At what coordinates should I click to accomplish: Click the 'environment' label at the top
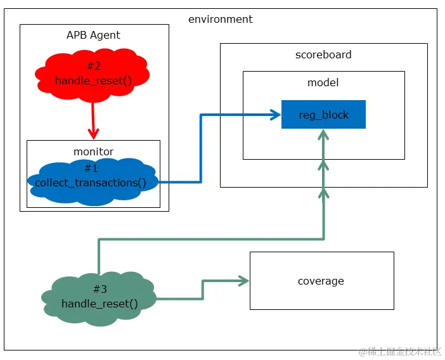coord(220,19)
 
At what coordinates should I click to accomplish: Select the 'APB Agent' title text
coord(93,35)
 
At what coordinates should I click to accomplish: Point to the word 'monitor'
coord(93,151)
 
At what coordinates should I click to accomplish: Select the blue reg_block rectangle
coord(323,115)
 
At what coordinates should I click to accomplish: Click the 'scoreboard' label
coord(323,55)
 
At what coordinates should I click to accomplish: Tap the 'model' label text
coord(323,82)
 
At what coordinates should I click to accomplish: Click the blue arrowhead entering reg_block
coord(275,115)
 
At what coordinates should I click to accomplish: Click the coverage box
coord(321,281)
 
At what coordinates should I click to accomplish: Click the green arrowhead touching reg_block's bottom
coord(323,134)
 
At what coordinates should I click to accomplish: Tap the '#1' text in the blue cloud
coord(92,168)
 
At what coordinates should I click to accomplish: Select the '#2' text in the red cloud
coord(93,66)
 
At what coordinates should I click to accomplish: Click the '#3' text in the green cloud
coord(100,289)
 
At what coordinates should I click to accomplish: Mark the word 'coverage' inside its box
coord(321,281)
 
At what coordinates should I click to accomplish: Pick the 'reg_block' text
coord(323,115)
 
